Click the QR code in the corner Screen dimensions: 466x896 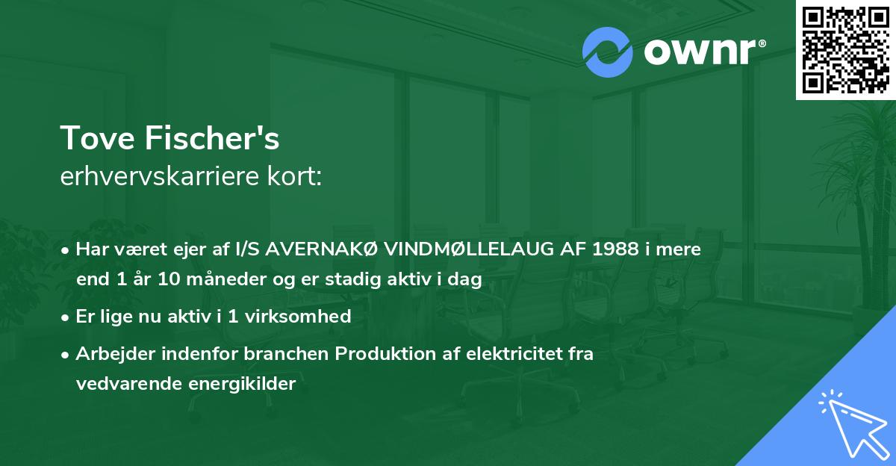click(x=845, y=49)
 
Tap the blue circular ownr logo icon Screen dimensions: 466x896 click(x=608, y=52)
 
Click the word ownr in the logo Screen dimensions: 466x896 click(x=699, y=52)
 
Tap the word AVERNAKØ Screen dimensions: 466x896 click(x=330, y=249)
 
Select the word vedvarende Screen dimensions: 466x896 click(x=120, y=384)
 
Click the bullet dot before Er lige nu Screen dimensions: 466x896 click(x=66, y=317)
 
